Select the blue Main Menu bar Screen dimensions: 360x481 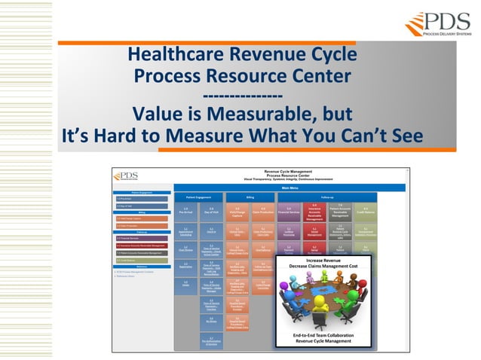[x=290, y=188]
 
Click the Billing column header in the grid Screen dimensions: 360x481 [x=250, y=196]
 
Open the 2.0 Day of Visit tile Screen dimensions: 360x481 [x=212, y=212]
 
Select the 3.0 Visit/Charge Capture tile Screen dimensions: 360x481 [x=237, y=212]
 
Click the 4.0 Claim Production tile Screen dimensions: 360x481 [x=263, y=212]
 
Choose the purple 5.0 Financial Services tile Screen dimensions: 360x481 [x=289, y=212]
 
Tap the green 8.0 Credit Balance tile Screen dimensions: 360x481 [x=366, y=212]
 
